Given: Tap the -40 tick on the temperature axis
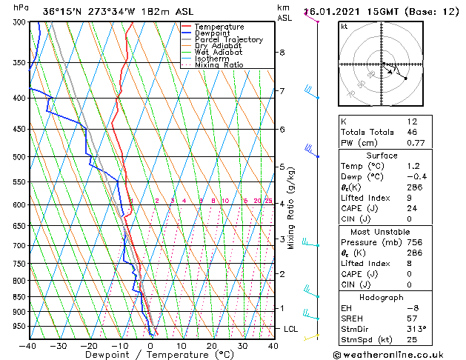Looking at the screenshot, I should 29,346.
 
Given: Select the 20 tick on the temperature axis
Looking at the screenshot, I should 212,346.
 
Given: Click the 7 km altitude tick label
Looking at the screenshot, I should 282,91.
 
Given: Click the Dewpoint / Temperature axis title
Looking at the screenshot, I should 150,355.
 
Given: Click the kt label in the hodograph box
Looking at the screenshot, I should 344,26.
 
